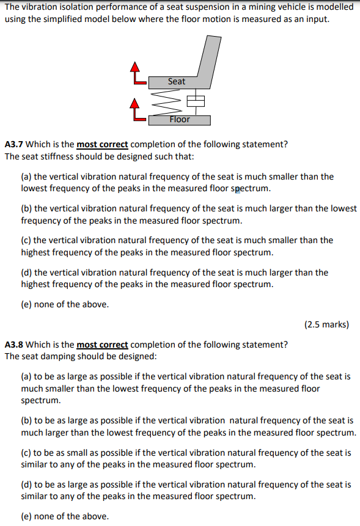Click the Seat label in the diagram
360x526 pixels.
176,81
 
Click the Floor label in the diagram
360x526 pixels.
180,119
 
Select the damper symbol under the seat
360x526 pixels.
194,100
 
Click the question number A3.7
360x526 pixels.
14,145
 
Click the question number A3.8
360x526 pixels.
14,345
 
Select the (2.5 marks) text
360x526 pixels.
326,324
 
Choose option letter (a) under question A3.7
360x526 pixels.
26,177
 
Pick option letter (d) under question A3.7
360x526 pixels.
26,272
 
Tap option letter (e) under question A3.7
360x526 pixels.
26,304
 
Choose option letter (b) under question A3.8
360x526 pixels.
26,420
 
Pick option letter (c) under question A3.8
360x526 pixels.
26,453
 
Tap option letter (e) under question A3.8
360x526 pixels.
26,516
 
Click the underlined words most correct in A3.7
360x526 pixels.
102,145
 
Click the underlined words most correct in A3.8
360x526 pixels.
102,345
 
